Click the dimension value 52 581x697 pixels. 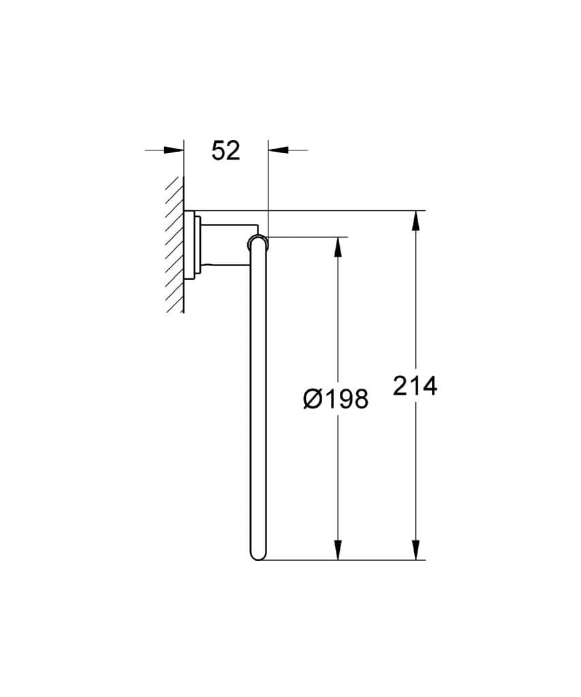225,150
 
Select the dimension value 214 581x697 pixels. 415,386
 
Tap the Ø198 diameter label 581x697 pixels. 335,400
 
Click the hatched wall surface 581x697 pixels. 174,245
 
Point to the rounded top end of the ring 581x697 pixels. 258,241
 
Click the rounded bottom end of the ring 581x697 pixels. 258,555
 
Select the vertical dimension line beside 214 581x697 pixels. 415,306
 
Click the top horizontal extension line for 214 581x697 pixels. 341,211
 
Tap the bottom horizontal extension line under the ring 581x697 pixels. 341,560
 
